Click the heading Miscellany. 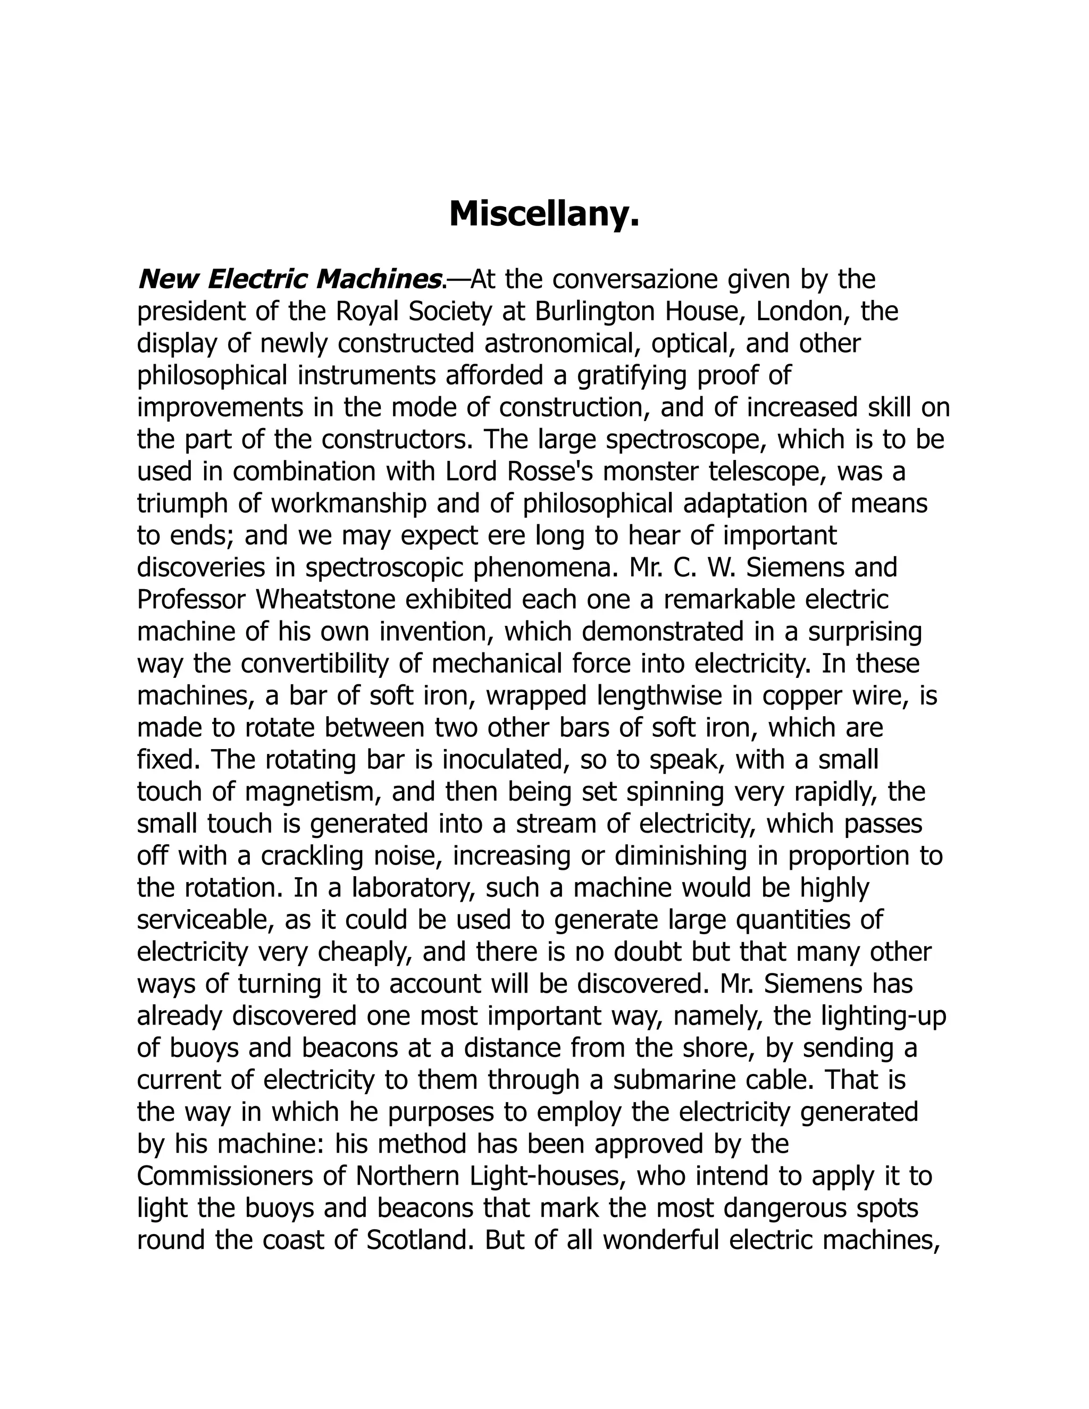point(544,214)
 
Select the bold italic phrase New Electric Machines point(290,279)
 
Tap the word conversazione point(636,279)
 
